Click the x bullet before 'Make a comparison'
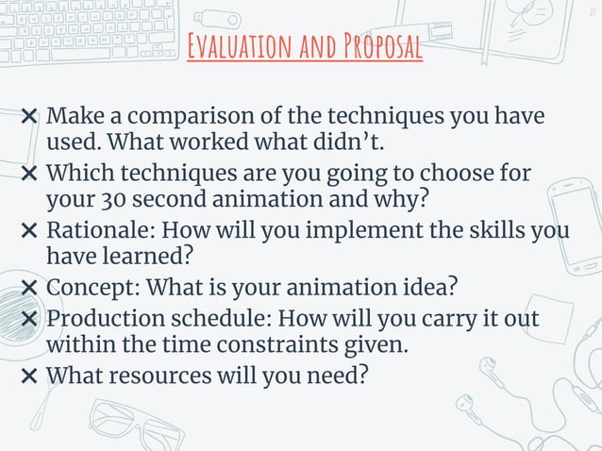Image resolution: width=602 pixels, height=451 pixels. pyautogui.click(x=29, y=118)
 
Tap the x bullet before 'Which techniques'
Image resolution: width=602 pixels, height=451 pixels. pyautogui.click(x=29, y=175)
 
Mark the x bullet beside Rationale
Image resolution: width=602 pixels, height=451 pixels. pyautogui.click(x=29, y=231)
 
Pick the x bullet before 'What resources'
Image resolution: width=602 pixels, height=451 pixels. pyautogui.click(x=29, y=376)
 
